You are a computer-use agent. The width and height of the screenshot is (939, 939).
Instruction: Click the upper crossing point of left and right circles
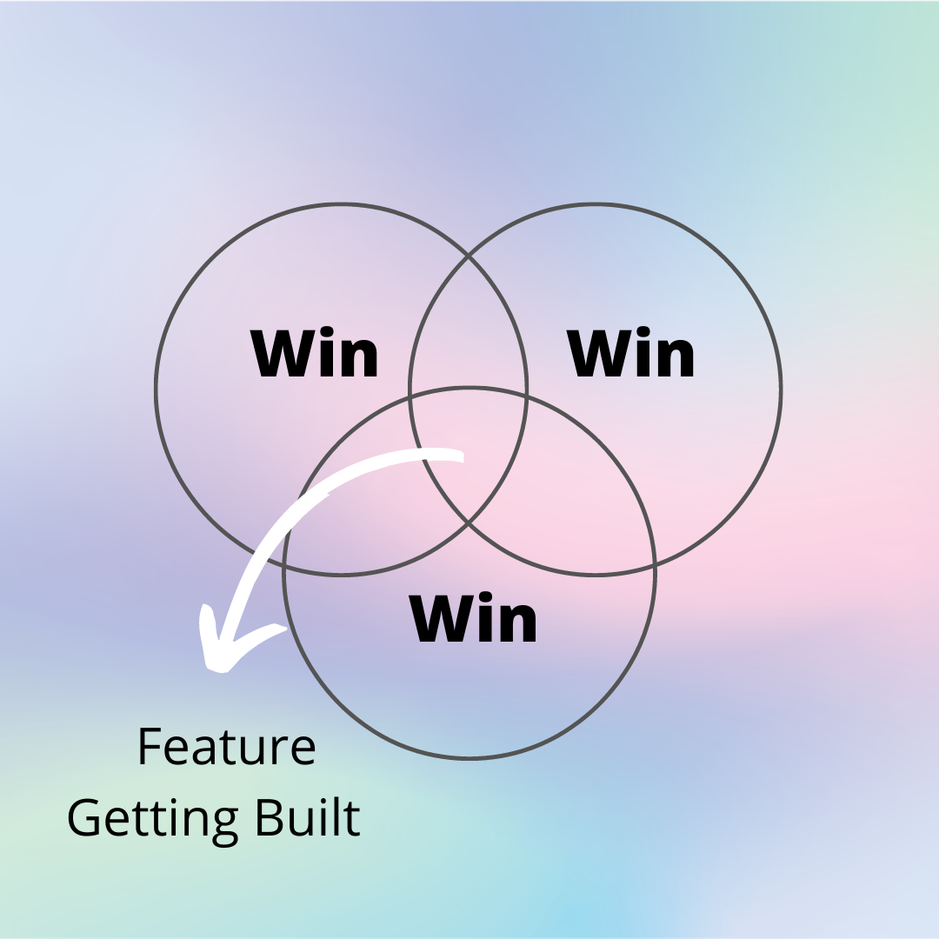469,256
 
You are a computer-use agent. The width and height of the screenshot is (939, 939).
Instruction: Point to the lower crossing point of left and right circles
469,523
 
